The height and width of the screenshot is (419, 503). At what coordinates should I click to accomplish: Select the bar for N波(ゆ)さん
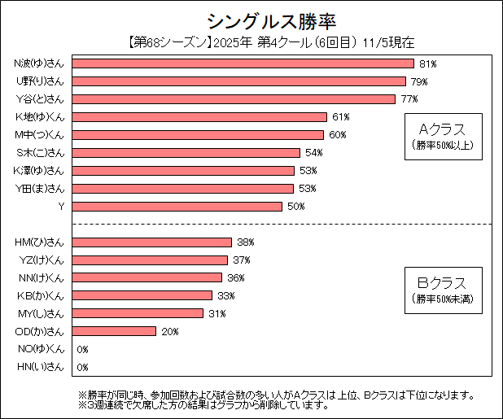click(x=243, y=63)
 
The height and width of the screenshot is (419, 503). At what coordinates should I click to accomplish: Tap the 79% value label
click(x=419, y=81)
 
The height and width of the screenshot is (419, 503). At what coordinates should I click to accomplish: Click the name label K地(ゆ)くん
click(x=40, y=117)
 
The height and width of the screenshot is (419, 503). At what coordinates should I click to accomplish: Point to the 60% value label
click(x=337, y=135)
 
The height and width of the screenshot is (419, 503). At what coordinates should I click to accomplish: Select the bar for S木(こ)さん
click(x=187, y=153)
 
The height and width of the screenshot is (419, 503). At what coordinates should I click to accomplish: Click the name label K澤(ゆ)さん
click(x=40, y=171)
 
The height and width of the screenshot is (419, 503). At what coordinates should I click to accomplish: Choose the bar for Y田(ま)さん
click(x=183, y=189)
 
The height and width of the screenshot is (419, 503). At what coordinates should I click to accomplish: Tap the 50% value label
click(x=296, y=207)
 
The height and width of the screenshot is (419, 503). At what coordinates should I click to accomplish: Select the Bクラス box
click(x=442, y=289)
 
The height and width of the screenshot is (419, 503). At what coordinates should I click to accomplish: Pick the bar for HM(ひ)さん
click(x=152, y=242)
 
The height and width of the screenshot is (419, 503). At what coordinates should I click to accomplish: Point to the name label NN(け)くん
click(x=40, y=278)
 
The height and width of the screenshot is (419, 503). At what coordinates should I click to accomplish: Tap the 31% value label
click(x=217, y=313)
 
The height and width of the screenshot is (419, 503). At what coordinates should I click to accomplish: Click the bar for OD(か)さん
click(x=114, y=331)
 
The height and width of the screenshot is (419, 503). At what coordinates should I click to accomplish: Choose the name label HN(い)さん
click(x=40, y=367)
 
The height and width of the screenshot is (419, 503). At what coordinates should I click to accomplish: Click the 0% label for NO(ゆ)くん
click(x=82, y=349)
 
